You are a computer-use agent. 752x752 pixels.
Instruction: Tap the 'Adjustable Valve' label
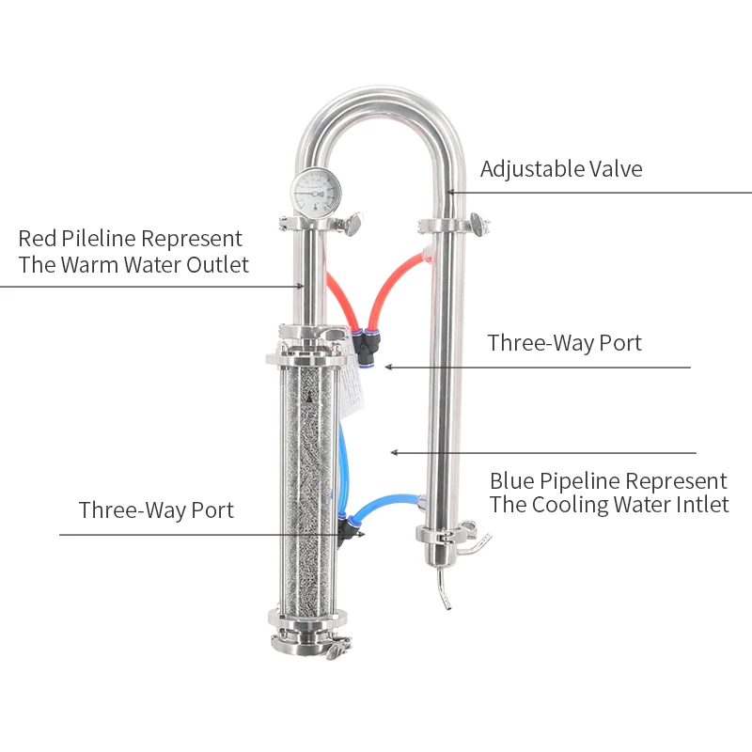click(561, 169)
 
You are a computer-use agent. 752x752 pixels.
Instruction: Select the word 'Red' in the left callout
click(38, 239)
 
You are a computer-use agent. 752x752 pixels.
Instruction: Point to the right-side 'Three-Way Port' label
click(564, 343)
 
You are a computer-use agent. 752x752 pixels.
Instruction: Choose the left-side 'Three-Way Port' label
click(156, 510)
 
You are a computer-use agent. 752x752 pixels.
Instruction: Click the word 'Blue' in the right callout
click(515, 481)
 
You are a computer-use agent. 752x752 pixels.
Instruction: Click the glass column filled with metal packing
click(306, 489)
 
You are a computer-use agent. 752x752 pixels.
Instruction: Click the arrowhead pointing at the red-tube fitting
click(388, 367)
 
